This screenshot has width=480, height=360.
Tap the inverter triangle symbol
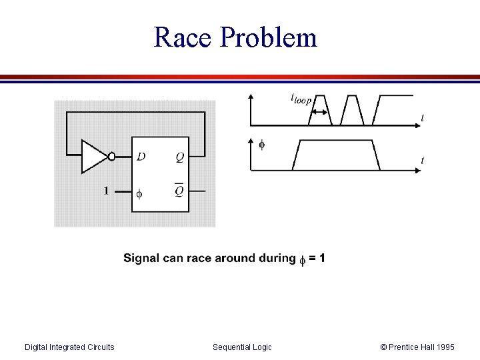click(x=93, y=157)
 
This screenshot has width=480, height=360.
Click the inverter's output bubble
click(x=111, y=157)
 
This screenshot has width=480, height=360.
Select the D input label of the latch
click(x=141, y=157)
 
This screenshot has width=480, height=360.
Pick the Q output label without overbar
click(x=180, y=157)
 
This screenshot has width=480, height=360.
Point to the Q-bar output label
click(x=179, y=191)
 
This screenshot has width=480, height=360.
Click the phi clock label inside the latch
click(x=139, y=194)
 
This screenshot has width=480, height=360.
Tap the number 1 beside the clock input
click(x=105, y=191)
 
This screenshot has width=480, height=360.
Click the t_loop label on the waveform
click(x=301, y=98)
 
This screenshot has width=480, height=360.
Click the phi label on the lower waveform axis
click(x=261, y=144)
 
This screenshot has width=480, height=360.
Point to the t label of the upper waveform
click(x=423, y=118)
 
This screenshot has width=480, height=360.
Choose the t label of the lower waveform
click(x=423, y=160)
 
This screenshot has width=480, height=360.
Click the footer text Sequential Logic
click(x=242, y=347)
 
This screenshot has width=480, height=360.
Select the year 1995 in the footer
click(x=443, y=347)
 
